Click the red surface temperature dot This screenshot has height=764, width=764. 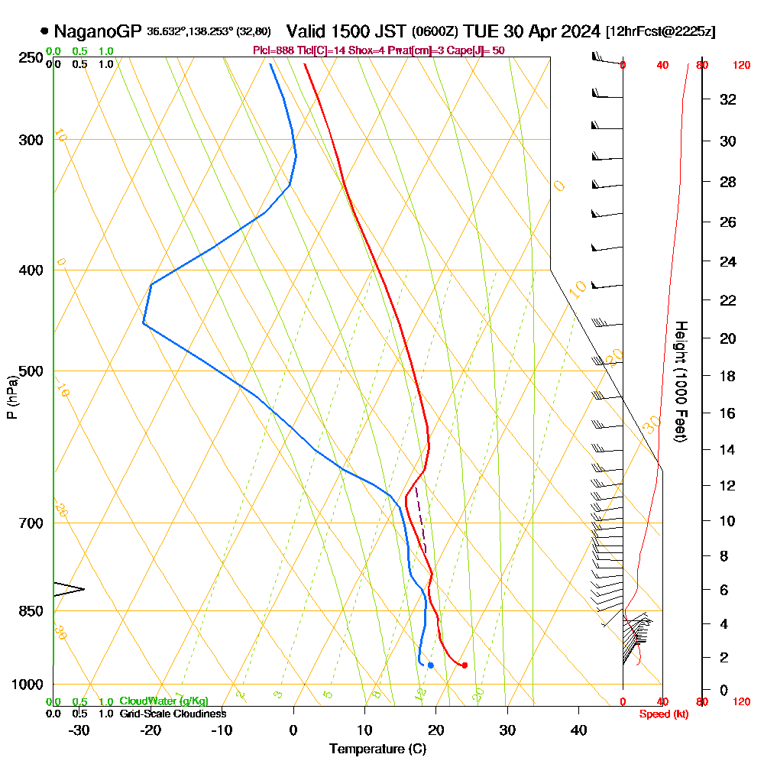coord(465,665)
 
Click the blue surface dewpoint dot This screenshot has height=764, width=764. coord(431,665)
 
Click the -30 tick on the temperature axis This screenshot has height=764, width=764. coord(79,730)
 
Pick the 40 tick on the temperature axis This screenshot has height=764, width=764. coord(579,730)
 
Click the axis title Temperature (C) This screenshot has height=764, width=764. coord(377,749)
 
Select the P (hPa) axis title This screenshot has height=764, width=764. coord(11,397)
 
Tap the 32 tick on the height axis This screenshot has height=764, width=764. coord(728,99)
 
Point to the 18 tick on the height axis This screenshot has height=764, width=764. coord(728,376)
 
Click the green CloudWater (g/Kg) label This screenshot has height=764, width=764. coord(163,701)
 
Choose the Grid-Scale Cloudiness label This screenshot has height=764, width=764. coord(173,714)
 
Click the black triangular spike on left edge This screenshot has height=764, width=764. coord(70,588)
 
